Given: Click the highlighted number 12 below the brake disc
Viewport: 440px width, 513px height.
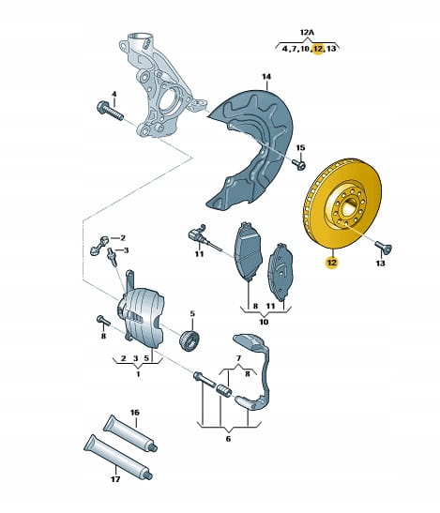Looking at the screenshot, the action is [331, 263].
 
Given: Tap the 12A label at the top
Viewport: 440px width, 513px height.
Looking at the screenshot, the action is [307, 33].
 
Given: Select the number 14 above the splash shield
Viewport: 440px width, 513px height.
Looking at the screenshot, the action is [266, 77].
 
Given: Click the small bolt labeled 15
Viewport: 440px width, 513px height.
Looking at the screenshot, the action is [299, 164].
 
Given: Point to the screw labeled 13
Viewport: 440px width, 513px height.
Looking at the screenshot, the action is [384, 247].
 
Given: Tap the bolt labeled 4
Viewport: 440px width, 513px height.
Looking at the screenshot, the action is [110, 111].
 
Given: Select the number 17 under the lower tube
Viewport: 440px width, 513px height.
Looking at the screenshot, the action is [115, 479].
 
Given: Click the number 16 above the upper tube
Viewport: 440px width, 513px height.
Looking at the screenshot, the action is [135, 413].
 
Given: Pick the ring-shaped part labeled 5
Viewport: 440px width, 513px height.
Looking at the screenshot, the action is [190, 340].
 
